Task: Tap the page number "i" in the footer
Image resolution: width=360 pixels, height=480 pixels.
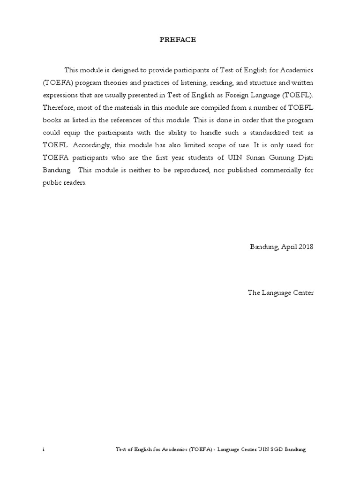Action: [x=43, y=449]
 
